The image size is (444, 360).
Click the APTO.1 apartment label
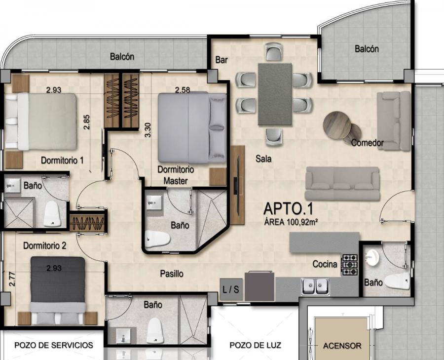(x=288, y=208)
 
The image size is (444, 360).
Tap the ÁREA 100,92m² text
(x=291, y=222)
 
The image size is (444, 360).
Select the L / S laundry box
(x=231, y=290)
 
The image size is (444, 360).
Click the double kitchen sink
(x=315, y=286)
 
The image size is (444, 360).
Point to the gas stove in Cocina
(x=349, y=265)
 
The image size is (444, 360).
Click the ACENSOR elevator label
(x=342, y=346)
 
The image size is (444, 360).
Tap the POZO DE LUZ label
(x=255, y=345)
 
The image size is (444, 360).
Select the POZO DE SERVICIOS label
(x=53, y=345)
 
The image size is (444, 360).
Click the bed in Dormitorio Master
(x=192, y=128)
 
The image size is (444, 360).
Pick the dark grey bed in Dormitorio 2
(x=58, y=290)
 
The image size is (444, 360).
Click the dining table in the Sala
(x=275, y=94)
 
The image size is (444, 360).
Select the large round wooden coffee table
(x=337, y=125)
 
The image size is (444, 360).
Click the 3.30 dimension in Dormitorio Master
(x=148, y=130)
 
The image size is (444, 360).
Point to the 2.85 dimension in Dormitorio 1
(x=87, y=122)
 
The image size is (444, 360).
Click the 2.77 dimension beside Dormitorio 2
(x=12, y=279)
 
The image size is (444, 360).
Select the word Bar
(x=222, y=60)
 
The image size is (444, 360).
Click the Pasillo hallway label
(x=172, y=274)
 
